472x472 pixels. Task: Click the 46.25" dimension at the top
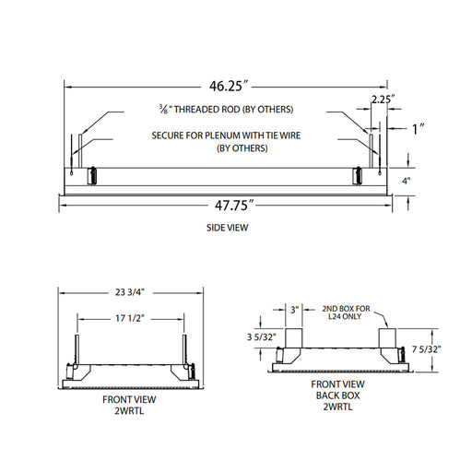(229, 86)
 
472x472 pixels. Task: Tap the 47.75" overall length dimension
(234, 206)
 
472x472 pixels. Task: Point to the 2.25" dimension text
(383, 100)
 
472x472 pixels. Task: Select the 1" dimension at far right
(419, 129)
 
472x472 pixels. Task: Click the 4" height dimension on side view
(407, 181)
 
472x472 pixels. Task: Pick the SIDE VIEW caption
(227, 228)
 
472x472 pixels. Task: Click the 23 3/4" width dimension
(129, 291)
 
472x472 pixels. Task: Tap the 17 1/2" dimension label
(130, 318)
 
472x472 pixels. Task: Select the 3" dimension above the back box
(294, 310)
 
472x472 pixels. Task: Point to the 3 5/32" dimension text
(261, 337)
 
